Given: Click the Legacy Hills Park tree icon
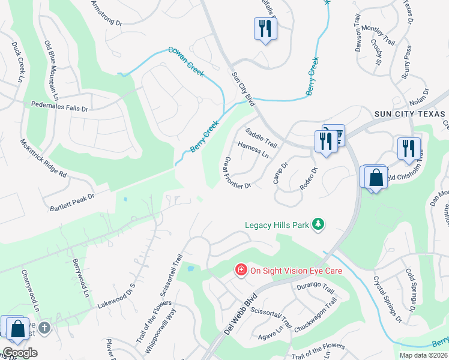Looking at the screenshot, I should [318, 225].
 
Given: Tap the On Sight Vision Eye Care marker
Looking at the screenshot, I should [241, 271].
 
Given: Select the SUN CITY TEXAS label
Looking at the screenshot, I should [409, 114].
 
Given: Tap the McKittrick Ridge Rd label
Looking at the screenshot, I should [43, 158].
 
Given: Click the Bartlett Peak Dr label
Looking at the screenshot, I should [74, 198].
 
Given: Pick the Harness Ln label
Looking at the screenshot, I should [253, 150].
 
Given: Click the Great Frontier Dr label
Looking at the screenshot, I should [237, 173].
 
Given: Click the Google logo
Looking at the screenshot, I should [20, 353].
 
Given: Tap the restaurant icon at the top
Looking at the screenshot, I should [265, 28].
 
